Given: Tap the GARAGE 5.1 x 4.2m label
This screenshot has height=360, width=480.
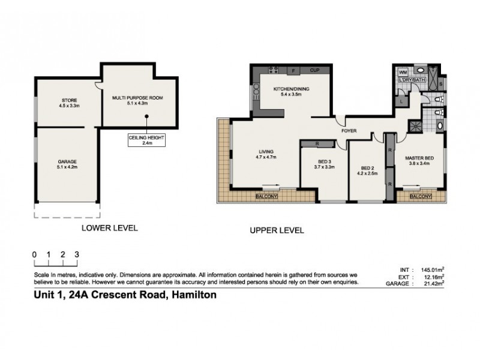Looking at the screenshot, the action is click(x=67, y=164).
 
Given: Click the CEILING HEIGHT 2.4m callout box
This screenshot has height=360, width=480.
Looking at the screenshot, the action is click(x=146, y=140).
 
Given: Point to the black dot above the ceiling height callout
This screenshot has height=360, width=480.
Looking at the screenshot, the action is click(x=146, y=116).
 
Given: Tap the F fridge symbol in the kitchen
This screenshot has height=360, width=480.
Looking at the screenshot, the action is click(x=293, y=71).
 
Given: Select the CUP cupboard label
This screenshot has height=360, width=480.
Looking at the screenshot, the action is click(x=314, y=70).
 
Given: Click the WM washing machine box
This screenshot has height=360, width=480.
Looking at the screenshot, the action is click(x=403, y=73).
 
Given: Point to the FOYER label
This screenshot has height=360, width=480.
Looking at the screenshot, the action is click(x=349, y=131).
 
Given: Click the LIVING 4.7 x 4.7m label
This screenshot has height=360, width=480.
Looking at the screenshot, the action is click(x=266, y=154).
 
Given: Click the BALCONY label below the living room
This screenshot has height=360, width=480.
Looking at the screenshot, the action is click(x=266, y=196).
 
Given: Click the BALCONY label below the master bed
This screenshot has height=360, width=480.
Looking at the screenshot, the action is click(x=421, y=196).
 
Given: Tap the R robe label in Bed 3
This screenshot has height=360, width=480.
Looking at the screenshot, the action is click(x=317, y=143).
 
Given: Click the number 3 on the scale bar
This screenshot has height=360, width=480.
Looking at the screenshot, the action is click(x=77, y=254).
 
